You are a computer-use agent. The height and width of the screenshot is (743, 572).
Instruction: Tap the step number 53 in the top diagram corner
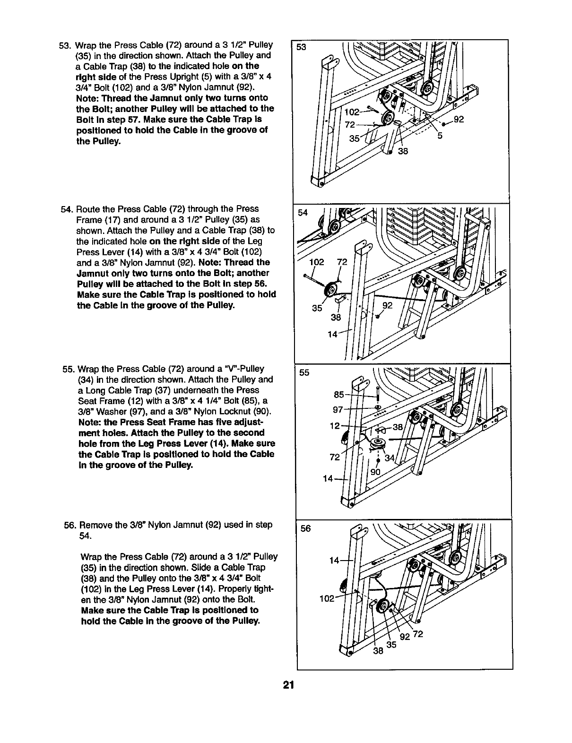tap(301, 48)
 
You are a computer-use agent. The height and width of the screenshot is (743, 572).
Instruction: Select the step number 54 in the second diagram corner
tap(303, 213)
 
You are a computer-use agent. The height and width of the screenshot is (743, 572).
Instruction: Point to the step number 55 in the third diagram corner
tap(304, 372)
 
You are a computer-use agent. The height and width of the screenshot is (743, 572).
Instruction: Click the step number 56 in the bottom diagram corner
tap(306, 528)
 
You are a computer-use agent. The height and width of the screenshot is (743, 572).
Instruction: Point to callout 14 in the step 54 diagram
tap(333, 335)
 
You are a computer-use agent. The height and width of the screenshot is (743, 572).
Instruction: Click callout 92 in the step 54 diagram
tap(388, 305)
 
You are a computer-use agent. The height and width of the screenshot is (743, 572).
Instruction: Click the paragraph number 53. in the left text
tap(64, 45)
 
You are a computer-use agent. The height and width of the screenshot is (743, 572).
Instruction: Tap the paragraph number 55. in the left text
tap(69, 369)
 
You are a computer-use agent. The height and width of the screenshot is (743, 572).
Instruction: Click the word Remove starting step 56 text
tap(95, 525)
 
